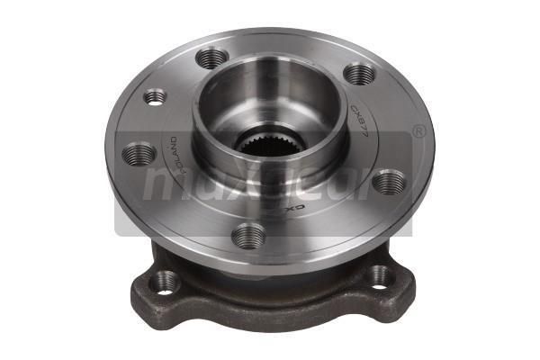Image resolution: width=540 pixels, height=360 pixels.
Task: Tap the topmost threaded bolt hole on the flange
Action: pyautogui.click(x=211, y=58)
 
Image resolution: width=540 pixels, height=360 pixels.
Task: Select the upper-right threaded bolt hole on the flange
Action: pyautogui.click(x=358, y=74)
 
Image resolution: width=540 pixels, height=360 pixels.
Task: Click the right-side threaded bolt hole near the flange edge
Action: pyautogui.click(x=388, y=182)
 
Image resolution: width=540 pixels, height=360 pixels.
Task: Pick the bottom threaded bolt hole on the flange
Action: pyautogui.click(x=248, y=236)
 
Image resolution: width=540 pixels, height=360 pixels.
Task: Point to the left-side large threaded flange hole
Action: pyautogui.click(x=139, y=153)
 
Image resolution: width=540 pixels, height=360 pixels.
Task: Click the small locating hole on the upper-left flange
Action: pyautogui.click(x=156, y=95)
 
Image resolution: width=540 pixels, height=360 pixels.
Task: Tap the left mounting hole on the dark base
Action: pyautogui.click(x=164, y=282)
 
